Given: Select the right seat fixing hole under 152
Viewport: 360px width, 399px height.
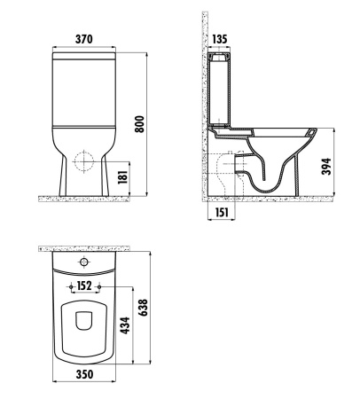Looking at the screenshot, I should [99, 291].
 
